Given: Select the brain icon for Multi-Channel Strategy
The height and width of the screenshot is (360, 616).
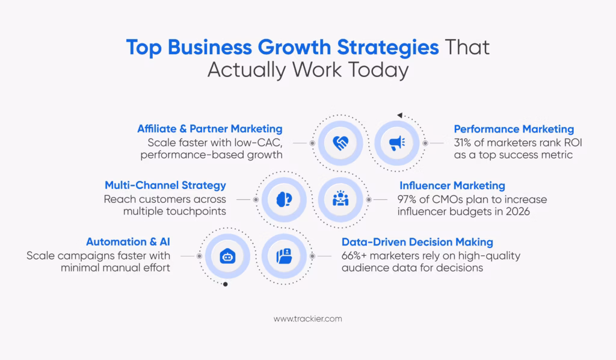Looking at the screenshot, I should pos(285,199).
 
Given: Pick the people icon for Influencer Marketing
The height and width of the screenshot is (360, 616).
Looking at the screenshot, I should pos(340,199).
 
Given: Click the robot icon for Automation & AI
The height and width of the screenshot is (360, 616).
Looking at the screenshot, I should pos(227,256).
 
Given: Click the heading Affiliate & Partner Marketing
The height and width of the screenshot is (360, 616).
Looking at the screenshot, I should pos(209,129).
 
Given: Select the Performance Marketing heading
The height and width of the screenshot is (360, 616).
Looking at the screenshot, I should pos(514,129).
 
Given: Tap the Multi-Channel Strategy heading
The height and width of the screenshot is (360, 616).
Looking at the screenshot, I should pos(165,185).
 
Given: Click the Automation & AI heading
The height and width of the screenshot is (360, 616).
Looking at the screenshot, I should pos(128,242).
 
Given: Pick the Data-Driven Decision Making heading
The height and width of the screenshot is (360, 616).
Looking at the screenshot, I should pos(417,242).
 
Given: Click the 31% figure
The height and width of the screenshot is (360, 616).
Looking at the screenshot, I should pos(465,143).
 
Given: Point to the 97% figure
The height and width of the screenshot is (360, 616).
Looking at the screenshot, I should pos(408,199).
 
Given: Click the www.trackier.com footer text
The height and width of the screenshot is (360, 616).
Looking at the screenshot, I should pos(307,318).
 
